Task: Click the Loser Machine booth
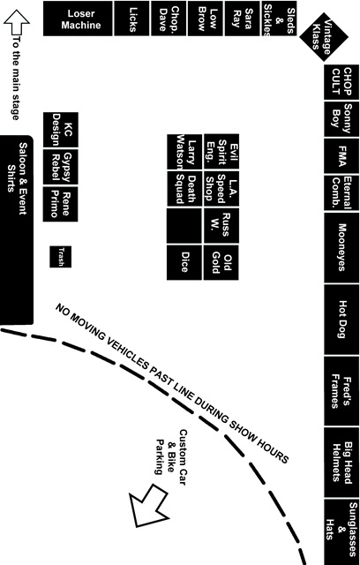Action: (78, 19)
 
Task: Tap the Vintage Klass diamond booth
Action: (324, 37)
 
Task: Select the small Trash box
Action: (61, 257)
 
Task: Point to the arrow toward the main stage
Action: (17, 22)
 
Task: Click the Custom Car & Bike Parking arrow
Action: (148, 506)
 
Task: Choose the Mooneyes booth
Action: (341, 247)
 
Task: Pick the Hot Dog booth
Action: (341, 320)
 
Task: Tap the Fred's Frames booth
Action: (341, 391)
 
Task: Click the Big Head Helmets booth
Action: (341, 463)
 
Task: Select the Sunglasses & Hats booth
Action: (341, 532)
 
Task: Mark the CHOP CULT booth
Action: (341, 82)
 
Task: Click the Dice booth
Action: (184, 262)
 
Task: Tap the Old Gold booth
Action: (221, 262)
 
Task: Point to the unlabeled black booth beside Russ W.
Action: (184, 226)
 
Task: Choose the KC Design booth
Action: (61, 130)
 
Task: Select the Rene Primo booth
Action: (61, 204)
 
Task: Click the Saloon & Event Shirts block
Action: (17, 230)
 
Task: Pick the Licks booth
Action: (131, 19)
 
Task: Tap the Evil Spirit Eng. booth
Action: (221, 152)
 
